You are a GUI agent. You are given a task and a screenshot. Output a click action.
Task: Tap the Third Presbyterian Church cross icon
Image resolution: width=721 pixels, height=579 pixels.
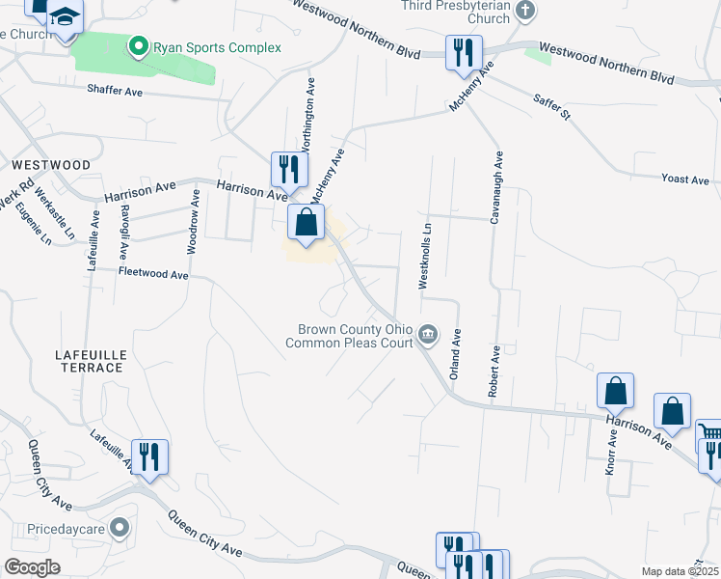tap(524, 12)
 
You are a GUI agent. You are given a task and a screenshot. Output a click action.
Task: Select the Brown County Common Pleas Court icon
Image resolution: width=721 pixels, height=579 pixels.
tap(429, 336)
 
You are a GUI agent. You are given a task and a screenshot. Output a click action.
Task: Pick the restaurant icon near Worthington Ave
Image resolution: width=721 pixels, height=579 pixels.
tap(288, 169)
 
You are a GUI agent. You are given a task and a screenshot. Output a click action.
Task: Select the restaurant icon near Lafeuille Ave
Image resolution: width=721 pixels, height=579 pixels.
tap(149, 455)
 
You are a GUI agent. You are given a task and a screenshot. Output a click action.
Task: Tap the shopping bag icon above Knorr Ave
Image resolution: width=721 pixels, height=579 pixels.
tap(615, 390)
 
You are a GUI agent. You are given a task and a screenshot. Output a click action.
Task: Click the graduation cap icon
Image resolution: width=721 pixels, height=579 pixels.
tap(66, 16)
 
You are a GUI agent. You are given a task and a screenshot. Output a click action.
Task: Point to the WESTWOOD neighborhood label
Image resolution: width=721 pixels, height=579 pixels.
tap(52, 165)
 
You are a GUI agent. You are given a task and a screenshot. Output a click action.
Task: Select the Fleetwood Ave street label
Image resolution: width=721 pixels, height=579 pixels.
tap(153, 274)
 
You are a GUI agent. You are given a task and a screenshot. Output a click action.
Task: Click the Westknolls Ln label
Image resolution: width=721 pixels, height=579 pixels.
tap(425, 255)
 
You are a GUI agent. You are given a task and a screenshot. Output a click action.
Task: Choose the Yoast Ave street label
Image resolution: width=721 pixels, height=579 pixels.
tap(684, 179)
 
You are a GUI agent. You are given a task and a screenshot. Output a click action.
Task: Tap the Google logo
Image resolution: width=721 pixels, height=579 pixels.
tap(32, 567)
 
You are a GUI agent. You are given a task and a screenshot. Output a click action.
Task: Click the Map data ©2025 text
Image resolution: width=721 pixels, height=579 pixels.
tap(681, 571)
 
